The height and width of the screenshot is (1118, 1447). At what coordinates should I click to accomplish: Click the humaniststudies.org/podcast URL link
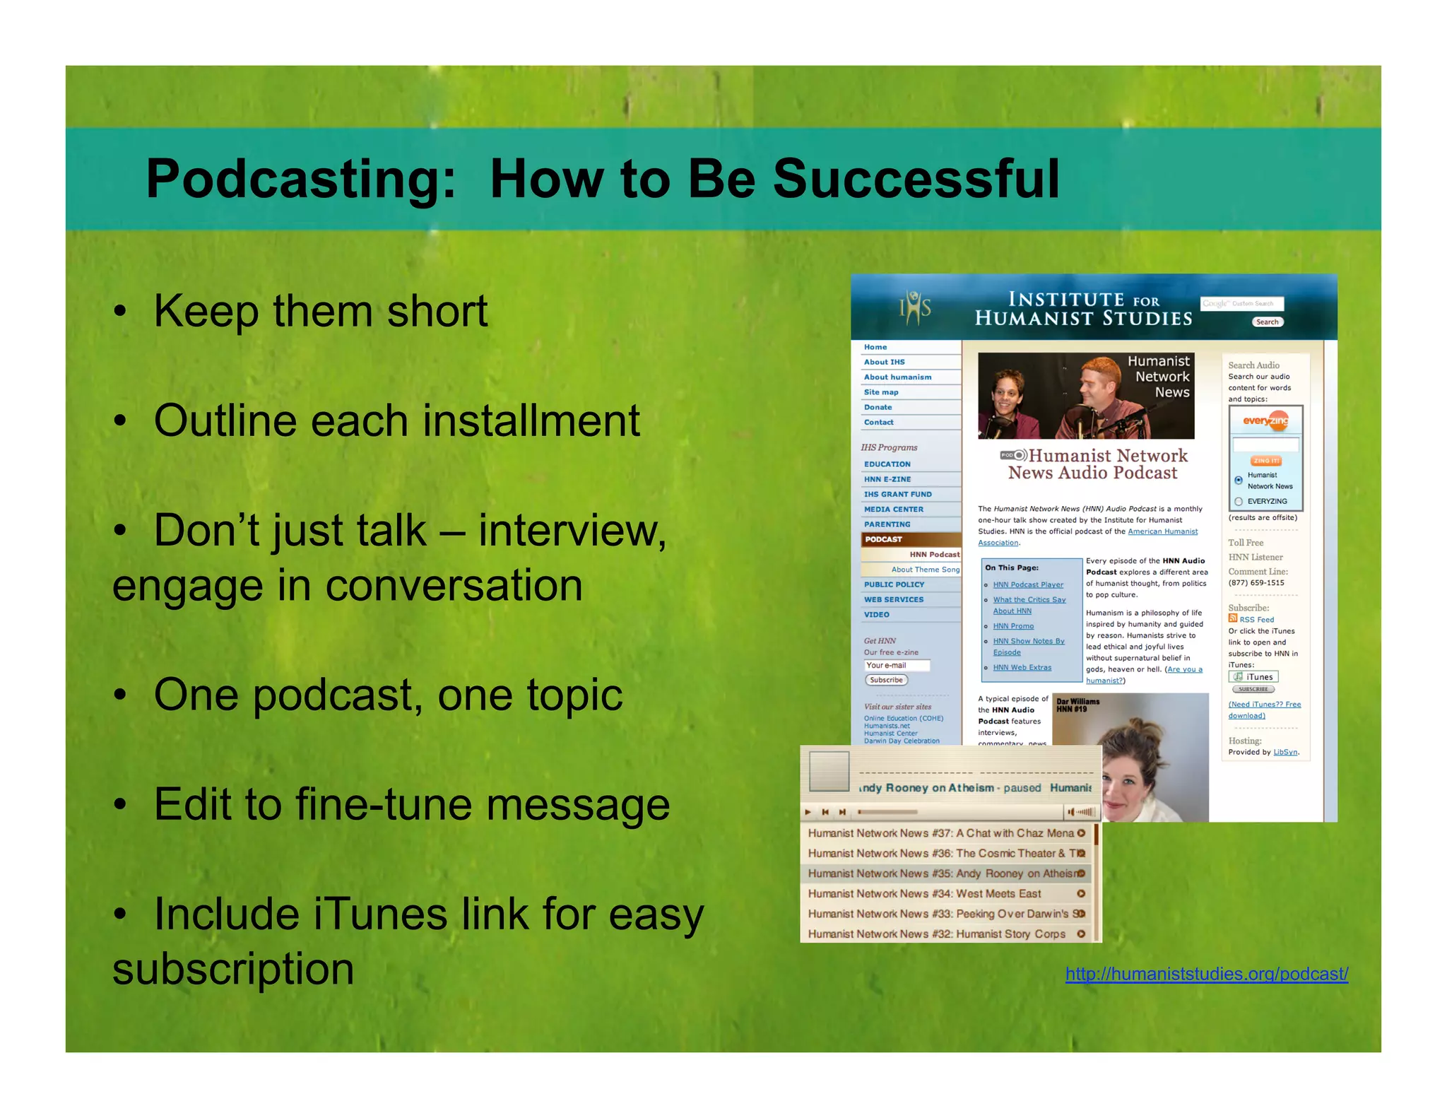click(1206, 974)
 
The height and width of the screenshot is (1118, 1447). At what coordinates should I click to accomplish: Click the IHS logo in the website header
click(914, 308)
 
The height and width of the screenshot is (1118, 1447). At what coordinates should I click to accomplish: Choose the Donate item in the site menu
click(878, 407)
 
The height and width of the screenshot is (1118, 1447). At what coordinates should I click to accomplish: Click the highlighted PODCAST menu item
click(883, 539)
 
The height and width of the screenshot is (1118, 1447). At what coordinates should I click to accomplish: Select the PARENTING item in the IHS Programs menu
click(887, 524)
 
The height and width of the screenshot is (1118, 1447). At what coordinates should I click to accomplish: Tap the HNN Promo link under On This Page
click(1013, 626)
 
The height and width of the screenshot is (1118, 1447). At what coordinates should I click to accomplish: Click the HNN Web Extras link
click(1022, 667)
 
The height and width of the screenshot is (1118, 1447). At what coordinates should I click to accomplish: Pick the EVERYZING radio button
click(1239, 502)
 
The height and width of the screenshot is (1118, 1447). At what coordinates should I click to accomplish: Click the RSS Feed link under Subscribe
click(1256, 620)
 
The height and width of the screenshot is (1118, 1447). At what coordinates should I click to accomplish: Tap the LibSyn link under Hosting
click(1284, 752)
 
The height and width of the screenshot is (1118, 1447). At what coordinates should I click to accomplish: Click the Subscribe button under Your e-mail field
click(886, 680)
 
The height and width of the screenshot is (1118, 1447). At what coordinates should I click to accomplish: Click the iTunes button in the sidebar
click(1254, 677)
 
